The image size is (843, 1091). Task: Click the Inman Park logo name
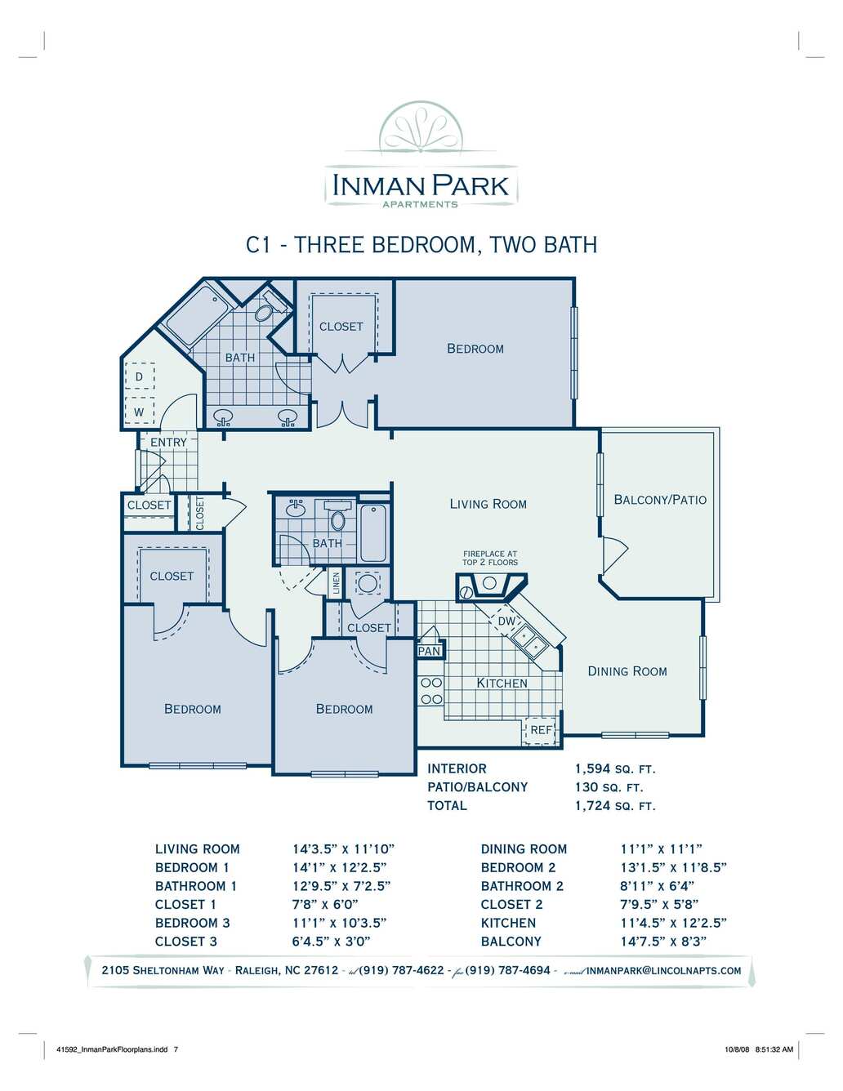pos(421,185)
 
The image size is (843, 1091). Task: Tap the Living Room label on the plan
pos(488,504)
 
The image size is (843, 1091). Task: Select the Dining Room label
pos(627,671)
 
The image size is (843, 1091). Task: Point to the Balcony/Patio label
pos(660,500)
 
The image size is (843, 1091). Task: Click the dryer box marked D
pos(139,376)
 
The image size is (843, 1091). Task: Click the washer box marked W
pos(139,412)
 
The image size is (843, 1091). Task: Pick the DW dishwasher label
pos(506,621)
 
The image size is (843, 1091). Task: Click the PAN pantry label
pos(429,651)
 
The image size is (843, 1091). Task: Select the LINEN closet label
pos(336,582)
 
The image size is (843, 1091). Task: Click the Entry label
pos(169,443)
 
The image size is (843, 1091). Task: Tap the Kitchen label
pos(502,684)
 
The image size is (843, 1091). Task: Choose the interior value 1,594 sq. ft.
pos(616,768)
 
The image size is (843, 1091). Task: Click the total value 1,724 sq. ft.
pos(616,806)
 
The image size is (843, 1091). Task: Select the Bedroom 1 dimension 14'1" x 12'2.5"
pos(340,867)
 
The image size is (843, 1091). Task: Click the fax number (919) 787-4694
pos(507,970)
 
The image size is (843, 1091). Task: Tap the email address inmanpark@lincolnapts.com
pos(664,971)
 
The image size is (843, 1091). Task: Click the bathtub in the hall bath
pos(373,533)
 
